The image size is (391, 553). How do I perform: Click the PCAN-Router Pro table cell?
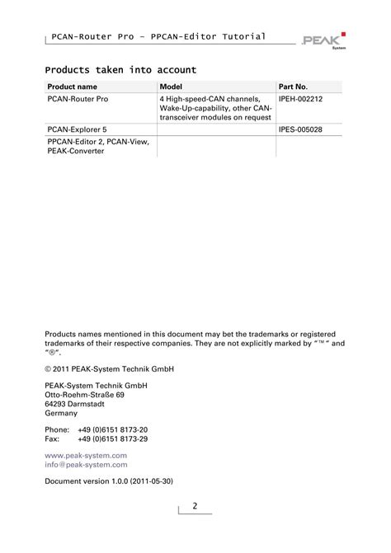78,99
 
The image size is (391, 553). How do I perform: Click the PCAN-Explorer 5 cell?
76,129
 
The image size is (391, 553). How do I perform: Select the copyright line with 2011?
109,368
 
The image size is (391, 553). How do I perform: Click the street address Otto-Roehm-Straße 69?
84,395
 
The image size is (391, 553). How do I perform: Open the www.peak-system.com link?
86,455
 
